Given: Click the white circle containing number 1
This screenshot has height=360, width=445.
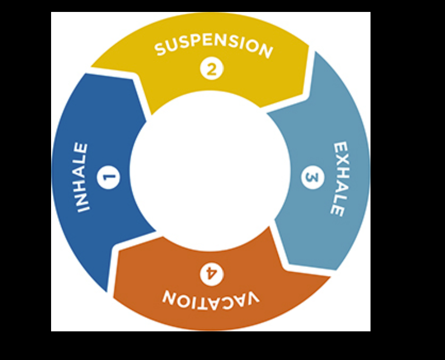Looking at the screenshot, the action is pyautogui.click(x=109, y=177).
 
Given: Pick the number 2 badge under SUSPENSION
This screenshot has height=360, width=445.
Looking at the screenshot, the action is pyautogui.click(x=211, y=69).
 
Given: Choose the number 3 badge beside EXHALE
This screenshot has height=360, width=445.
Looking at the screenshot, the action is pyautogui.click(x=313, y=178).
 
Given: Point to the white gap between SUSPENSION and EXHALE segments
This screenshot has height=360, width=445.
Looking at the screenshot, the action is pyautogui.click(x=310, y=72).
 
